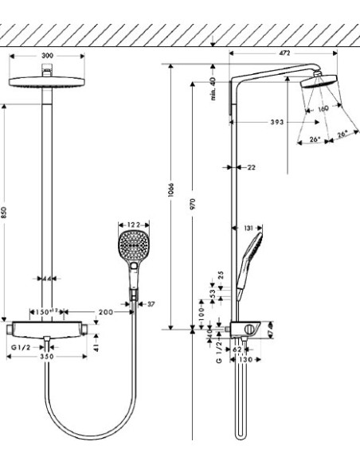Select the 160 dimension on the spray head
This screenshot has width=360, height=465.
pyautogui.click(x=323, y=108)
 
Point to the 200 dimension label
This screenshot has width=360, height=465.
pyautogui.click(x=107, y=312)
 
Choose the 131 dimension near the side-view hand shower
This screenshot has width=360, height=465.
pyautogui.click(x=248, y=229)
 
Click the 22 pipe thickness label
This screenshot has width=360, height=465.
pyautogui.click(x=252, y=167)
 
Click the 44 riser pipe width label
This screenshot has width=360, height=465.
pyautogui.click(x=48, y=279)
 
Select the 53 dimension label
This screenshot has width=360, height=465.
pyautogui.click(x=211, y=294)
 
